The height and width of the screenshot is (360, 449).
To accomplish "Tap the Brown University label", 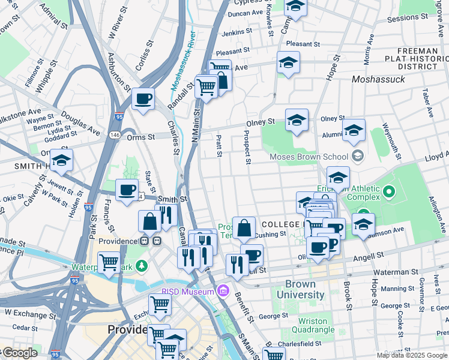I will (x=305, y=289).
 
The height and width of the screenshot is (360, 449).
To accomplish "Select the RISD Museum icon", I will (x=223, y=292).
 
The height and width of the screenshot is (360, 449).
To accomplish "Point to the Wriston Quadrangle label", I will (x=313, y=325).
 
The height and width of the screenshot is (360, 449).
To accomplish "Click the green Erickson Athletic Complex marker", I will (x=388, y=193).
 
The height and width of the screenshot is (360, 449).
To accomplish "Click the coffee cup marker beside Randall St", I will (x=143, y=99).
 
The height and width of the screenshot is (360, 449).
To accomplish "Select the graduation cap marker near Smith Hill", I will (x=61, y=161).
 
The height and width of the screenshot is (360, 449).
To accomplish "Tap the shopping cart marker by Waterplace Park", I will (x=109, y=262).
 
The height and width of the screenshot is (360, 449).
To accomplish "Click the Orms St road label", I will (x=141, y=137).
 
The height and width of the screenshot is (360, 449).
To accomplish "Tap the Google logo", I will (x=19, y=353).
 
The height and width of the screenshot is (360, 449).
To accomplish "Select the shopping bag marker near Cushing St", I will (x=244, y=229).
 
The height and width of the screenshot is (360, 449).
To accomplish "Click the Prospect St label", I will (x=246, y=147).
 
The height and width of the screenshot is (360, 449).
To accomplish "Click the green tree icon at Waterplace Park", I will (x=141, y=265).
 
